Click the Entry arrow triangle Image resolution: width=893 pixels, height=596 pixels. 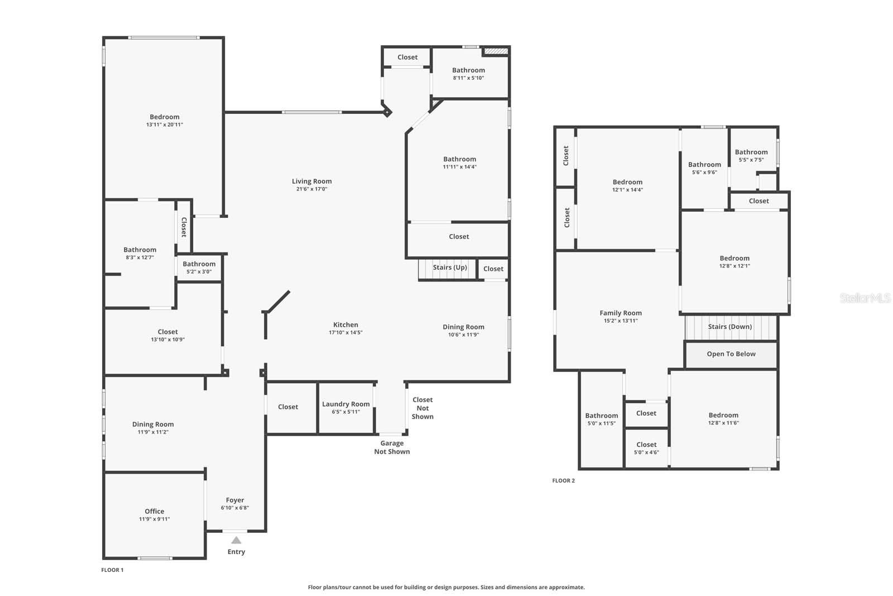(236, 540)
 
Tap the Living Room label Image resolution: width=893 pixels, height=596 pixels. (312, 181)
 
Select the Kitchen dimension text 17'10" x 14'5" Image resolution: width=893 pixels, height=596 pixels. (345, 332)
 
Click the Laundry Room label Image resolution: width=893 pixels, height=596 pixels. (345, 404)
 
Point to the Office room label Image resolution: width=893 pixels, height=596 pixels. (154, 511)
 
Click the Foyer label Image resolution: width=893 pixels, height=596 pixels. (235, 500)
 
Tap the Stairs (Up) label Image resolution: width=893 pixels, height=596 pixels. (450, 268)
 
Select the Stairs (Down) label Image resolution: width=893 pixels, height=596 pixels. (730, 327)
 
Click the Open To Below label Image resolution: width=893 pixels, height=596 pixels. (731, 354)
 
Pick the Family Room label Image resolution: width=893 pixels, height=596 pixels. (621, 313)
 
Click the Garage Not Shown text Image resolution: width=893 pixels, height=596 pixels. (392, 447)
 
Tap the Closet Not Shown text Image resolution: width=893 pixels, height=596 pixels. (423, 408)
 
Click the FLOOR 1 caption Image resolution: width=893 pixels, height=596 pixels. (112, 570)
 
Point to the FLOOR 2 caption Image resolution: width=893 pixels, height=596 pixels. (563, 480)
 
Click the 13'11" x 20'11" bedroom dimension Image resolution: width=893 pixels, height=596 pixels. (165, 125)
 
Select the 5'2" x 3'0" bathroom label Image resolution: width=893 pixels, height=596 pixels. (199, 271)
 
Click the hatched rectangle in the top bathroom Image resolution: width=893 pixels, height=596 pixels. (496, 51)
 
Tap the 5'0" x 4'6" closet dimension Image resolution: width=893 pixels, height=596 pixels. (646, 452)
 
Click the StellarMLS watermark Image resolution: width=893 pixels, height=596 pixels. (865, 298)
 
